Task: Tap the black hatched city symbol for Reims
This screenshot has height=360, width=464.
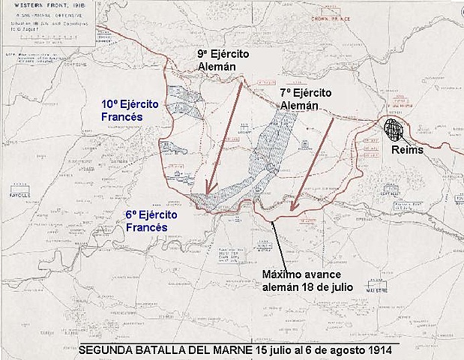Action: [x=393, y=127]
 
